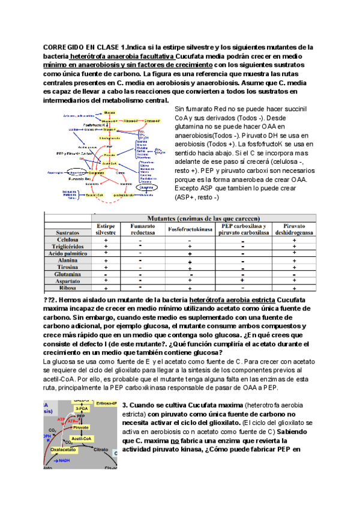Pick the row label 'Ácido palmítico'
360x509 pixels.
(68, 253)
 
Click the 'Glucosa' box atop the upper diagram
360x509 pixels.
(109, 112)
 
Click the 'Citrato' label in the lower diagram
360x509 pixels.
(103, 448)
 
